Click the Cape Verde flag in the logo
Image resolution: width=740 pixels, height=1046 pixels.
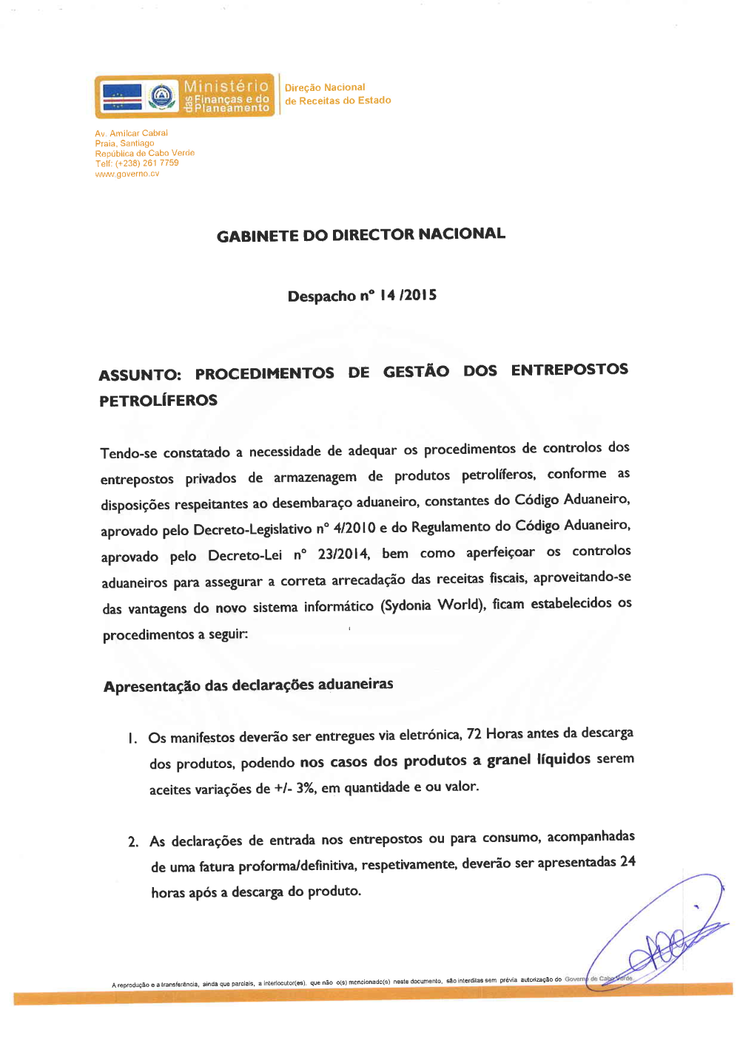122,96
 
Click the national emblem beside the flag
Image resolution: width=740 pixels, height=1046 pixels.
161,96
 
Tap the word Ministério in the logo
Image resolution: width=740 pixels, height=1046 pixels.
226,86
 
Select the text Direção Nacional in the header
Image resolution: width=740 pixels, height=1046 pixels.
325,87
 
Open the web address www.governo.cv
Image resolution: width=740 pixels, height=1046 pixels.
127,174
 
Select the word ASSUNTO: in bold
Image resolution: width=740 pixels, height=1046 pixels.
140,375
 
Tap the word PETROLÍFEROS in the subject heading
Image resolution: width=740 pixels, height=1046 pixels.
158,401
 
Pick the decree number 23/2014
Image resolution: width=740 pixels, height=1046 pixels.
343,554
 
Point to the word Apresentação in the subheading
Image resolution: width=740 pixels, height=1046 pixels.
152,687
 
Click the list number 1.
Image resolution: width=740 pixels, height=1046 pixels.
132,738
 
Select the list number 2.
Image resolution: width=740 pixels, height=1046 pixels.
132,842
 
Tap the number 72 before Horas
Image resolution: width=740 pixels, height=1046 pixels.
474,734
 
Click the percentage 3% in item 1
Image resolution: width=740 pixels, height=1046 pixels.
306,788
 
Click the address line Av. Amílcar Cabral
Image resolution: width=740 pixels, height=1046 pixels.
131,133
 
